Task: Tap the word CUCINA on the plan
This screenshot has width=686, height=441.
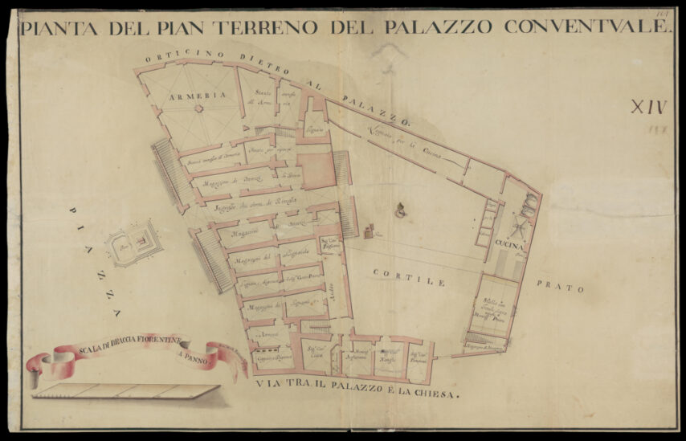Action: point(510,243)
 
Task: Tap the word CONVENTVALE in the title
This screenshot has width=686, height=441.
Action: point(587,27)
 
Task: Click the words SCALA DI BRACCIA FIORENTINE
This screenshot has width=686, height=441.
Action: point(130,349)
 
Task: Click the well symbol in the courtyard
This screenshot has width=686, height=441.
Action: point(399,211)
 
